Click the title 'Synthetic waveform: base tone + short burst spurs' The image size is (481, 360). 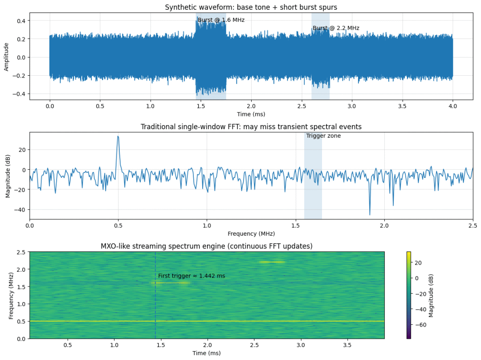(x=251, y=7)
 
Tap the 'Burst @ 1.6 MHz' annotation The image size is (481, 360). (x=221, y=20)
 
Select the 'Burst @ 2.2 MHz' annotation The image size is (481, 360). (x=336, y=28)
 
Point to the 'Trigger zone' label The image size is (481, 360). (x=323, y=136)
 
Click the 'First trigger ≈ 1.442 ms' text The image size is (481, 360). (x=192, y=276)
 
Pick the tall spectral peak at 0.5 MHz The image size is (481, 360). (x=118, y=136)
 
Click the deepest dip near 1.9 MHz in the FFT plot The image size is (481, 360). (x=370, y=214)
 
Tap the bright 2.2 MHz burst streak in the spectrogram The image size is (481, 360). (x=272, y=262)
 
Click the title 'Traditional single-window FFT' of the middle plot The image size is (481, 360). (x=251, y=127)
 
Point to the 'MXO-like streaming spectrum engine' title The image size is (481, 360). (x=207, y=246)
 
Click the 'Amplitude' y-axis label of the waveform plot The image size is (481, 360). (x=6, y=57)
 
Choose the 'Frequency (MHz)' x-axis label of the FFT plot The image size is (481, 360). (x=251, y=233)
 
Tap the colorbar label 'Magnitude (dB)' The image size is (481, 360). (x=431, y=295)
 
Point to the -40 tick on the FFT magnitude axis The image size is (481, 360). (x=20, y=209)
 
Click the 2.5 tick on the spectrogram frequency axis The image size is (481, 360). (x=21, y=252)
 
